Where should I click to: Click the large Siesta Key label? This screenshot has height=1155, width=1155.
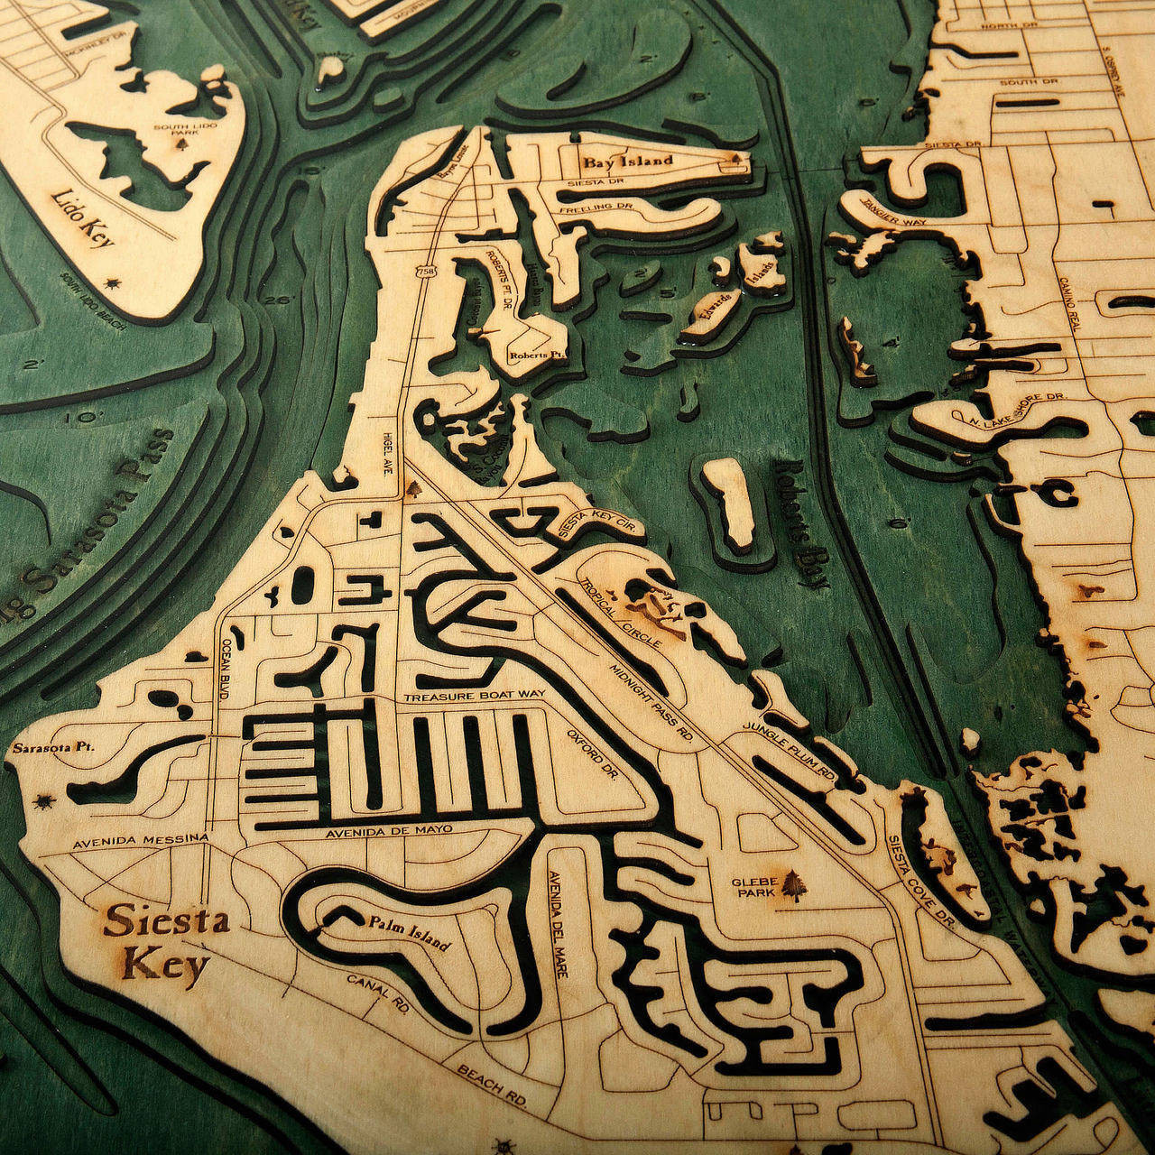coord(165,943)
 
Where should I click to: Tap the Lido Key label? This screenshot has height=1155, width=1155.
coord(83,217)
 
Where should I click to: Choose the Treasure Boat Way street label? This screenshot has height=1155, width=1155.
coord(475,698)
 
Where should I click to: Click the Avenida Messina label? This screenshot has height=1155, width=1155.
coord(140,841)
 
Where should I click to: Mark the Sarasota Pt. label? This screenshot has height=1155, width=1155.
coord(53,749)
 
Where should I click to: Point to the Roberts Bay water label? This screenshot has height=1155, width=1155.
coord(800,523)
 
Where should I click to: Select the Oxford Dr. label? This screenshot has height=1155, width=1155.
coord(592,754)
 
